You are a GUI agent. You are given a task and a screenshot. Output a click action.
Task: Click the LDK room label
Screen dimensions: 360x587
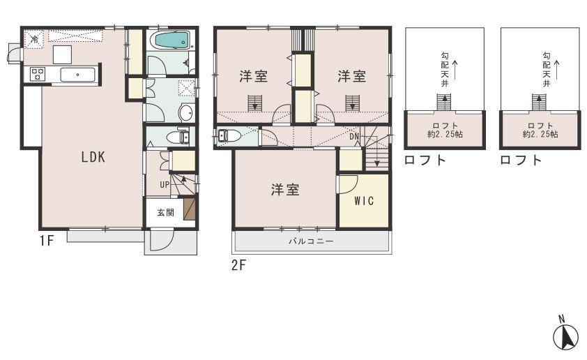pyautogui.click(x=93, y=158)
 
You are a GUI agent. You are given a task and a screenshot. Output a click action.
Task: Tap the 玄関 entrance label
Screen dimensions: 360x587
pyautogui.click(x=165, y=213)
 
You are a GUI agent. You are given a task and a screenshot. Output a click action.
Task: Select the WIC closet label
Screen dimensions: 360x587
pyautogui.click(x=364, y=201)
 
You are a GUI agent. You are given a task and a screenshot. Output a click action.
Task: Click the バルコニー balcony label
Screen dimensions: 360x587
pyautogui.click(x=311, y=241)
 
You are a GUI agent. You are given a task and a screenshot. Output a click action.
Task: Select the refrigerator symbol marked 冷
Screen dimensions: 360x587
pyautogui.click(x=33, y=39)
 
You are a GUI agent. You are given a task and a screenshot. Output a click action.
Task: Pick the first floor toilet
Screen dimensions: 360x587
pyautogui.click(x=181, y=137)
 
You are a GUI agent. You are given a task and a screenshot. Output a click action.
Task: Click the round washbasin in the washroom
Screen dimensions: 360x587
pyautogui.click(x=187, y=113)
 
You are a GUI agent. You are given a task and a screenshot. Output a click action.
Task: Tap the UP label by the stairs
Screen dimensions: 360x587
pyautogui.click(x=164, y=184)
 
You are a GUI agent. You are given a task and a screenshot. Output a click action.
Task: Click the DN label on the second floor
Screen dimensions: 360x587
pyautogui.click(x=354, y=137)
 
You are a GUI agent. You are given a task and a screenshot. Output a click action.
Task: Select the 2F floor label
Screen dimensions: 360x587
pyautogui.click(x=239, y=265)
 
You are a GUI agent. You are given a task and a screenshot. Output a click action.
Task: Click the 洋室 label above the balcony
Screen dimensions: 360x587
pyautogui.click(x=286, y=189)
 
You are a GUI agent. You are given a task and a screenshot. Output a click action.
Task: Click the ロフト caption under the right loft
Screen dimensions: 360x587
pyautogui.click(x=520, y=160)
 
